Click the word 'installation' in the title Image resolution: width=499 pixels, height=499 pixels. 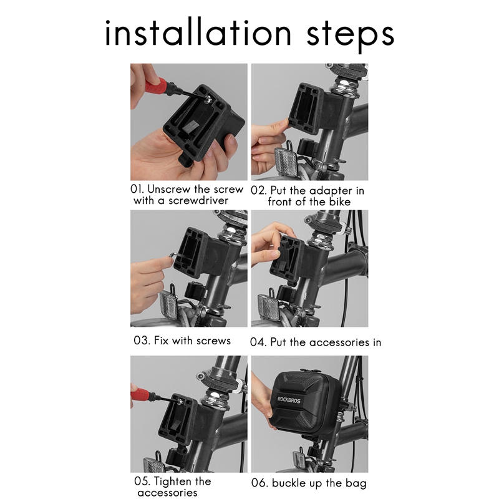198,33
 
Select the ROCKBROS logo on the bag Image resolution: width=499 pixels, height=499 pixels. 289,400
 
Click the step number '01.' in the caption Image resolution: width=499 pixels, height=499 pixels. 137,189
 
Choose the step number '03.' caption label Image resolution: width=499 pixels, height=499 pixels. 142,341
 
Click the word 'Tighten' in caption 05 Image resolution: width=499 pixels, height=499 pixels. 173,482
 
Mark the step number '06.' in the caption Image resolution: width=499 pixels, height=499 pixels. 259,483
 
